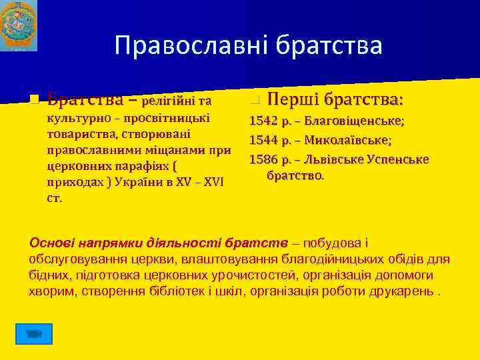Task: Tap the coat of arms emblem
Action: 19,25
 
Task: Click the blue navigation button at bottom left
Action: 34,333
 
